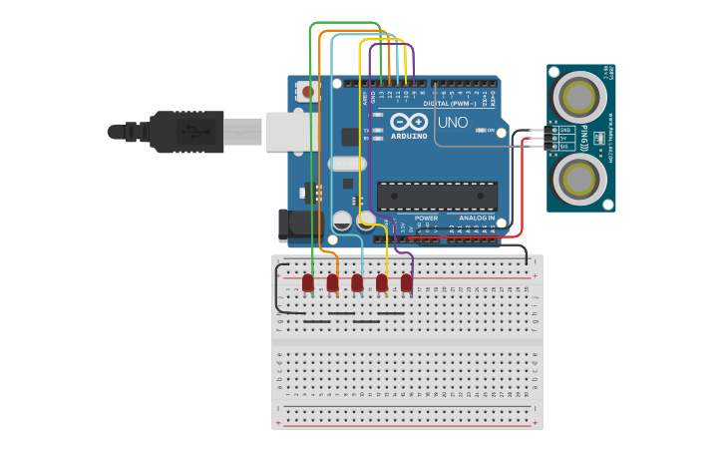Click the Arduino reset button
(306, 92)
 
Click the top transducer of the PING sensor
(580, 97)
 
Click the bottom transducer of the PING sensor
(580, 180)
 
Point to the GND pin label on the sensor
(565, 131)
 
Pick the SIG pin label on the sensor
(565, 147)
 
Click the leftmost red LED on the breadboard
(308, 283)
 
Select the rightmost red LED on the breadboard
(407, 283)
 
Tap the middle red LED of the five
(357, 283)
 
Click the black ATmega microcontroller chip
(437, 197)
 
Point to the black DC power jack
(299, 226)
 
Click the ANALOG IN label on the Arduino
(476, 218)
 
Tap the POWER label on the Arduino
(426, 218)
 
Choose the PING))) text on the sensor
(610, 139)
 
